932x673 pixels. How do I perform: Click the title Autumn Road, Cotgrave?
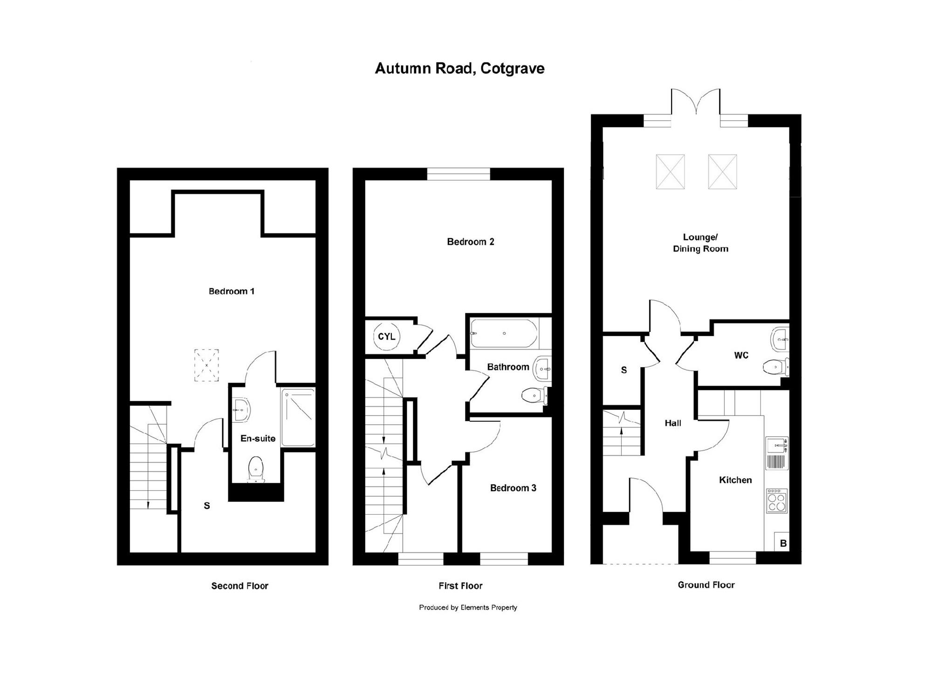tap(459, 69)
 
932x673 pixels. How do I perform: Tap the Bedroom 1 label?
tap(232, 291)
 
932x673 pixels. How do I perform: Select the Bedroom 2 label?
tap(470, 241)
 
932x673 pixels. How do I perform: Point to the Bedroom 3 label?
tap(513, 488)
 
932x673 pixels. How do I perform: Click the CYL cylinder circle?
tap(387, 336)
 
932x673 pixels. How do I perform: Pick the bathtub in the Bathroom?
tap(504, 333)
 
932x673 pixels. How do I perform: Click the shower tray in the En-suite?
tap(298, 417)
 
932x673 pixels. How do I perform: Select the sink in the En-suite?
tap(241, 410)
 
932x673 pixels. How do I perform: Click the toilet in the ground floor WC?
tap(776, 367)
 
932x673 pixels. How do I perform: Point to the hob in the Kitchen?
tap(777, 501)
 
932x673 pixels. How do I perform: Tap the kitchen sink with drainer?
tap(777, 453)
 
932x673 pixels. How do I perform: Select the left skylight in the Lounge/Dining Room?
tap(670, 172)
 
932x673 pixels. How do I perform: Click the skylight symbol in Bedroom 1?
tap(206, 365)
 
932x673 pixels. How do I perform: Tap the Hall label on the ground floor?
tap(673, 423)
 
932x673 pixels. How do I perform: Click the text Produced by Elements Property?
tap(468, 607)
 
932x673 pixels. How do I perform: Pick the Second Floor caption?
tap(240, 586)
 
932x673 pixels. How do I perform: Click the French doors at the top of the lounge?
tap(696, 103)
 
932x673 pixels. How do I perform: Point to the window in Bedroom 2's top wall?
tap(459, 174)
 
